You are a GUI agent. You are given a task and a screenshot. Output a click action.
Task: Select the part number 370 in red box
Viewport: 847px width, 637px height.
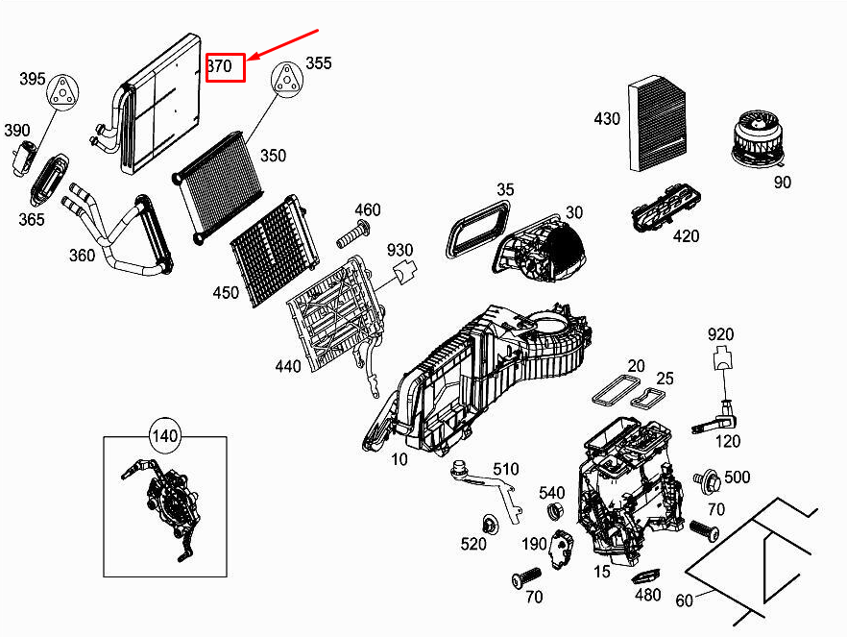click(x=227, y=67)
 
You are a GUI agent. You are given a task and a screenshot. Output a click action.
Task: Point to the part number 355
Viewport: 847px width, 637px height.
click(x=318, y=63)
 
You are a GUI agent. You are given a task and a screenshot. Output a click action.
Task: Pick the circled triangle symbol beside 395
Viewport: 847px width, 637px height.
click(x=63, y=90)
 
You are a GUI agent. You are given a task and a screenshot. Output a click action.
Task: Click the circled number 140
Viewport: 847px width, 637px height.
click(x=165, y=436)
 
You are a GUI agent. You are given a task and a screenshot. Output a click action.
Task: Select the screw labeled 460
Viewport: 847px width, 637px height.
click(x=354, y=232)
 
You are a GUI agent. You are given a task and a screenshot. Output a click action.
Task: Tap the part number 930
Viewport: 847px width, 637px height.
click(x=399, y=251)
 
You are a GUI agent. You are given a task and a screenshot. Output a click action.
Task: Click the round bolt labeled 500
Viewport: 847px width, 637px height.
click(x=709, y=478)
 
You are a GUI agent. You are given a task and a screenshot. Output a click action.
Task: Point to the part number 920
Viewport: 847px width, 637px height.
click(x=720, y=335)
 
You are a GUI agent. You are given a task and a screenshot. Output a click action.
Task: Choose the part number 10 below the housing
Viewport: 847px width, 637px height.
click(x=399, y=459)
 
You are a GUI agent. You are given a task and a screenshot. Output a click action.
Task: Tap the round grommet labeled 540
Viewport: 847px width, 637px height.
click(x=554, y=509)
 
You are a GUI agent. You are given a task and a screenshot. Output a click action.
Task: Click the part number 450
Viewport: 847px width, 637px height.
click(x=227, y=292)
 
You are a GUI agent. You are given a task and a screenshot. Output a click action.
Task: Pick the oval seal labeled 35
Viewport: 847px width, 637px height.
click(x=478, y=228)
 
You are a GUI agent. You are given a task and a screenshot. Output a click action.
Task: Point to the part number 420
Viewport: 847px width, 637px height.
click(x=686, y=236)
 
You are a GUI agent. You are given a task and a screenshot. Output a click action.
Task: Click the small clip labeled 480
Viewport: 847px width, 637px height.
click(x=644, y=575)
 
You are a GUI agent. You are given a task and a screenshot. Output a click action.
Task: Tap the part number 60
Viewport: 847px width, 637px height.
click(x=684, y=601)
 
